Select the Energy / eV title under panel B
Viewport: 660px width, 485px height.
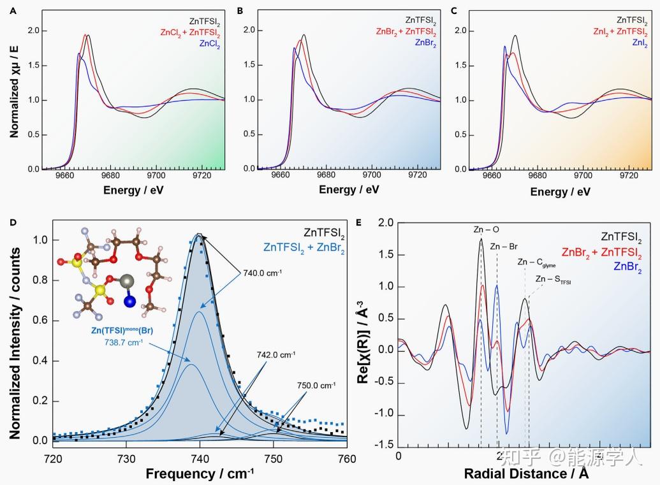pos(348,189)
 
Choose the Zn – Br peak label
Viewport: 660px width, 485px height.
pos(504,245)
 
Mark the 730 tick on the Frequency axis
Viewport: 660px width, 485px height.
pos(126,458)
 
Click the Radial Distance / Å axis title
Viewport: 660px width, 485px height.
pos(526,474)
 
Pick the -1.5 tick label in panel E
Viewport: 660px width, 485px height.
pos(382,444)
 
